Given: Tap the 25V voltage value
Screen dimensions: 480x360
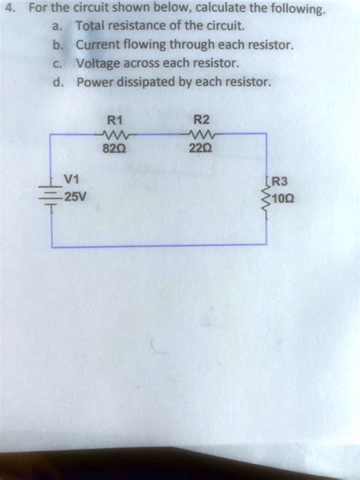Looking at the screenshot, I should coord(74,197).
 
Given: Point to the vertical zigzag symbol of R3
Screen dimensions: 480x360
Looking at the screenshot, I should coord(265,199).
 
